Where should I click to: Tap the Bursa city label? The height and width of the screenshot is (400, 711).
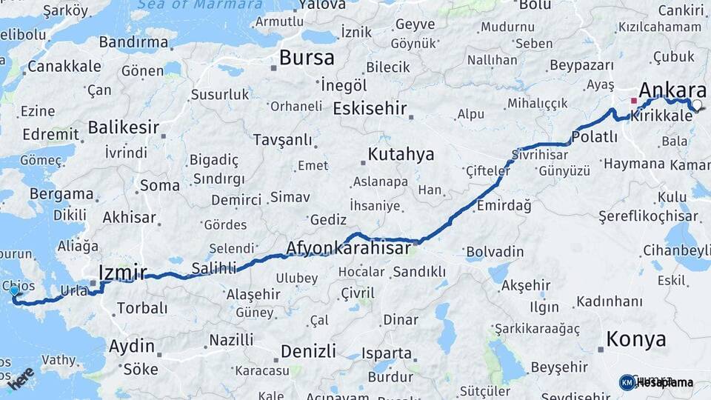[307, 58]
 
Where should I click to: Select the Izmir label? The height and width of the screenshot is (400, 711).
[123, 271]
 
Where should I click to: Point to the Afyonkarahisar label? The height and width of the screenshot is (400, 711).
[348, 248]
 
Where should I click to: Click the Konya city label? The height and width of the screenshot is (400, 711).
[635, 340]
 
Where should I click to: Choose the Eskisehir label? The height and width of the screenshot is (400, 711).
[370, 109]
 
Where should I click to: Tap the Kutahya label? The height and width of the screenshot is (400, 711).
[401, 155]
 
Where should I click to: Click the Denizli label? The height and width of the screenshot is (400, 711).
[307, 350]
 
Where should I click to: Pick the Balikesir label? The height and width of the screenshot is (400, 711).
[123, 127]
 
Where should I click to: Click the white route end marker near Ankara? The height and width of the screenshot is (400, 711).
[697, 105]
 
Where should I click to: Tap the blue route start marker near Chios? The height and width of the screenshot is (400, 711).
[15, 292]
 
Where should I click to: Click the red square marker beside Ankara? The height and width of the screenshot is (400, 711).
[633, 100]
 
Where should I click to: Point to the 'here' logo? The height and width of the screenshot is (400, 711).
[20, 378]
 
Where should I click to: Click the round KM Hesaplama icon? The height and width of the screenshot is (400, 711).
[627, 382]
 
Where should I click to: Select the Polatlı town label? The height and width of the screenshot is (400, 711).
[595, 137]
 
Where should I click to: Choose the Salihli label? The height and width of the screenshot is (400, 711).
[214, 268]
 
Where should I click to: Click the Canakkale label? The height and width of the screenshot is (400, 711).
[64, 67]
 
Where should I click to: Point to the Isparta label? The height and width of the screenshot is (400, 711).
[386, 353]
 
